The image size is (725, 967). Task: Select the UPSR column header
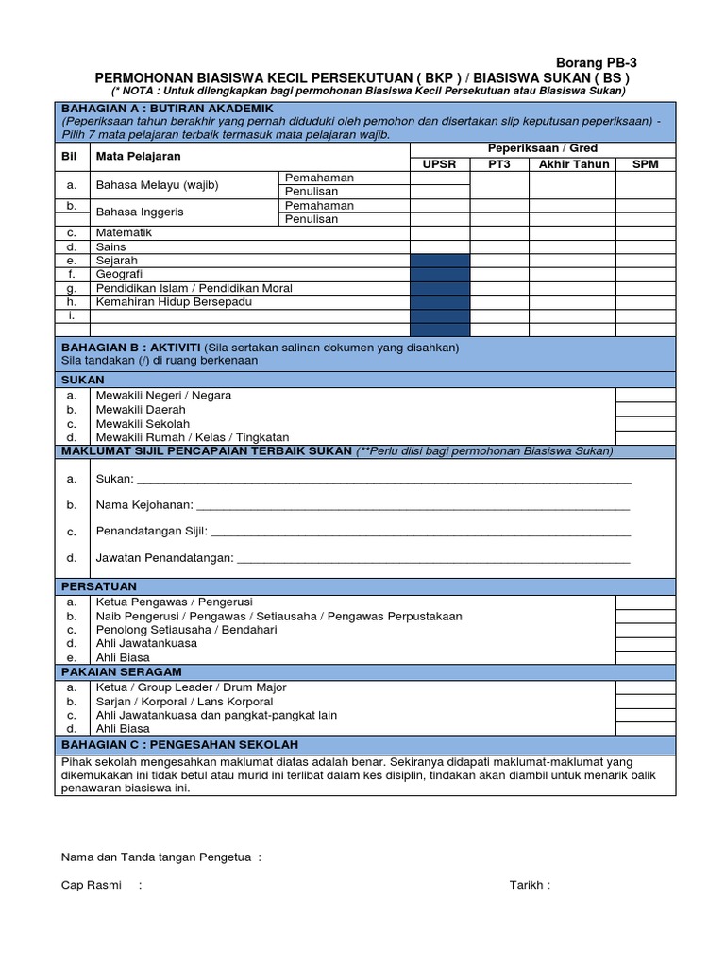(439, 164)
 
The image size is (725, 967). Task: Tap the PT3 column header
(498, 164)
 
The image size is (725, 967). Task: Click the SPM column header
(645, 164)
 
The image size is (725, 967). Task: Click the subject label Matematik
(124, 232)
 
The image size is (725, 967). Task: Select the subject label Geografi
(118, 274)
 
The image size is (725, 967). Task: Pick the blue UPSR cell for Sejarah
(439, 261)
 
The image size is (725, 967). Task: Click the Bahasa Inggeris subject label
(140, 212)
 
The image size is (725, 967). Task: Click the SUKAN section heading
(83, 380)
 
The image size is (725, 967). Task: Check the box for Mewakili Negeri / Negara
(645, 396)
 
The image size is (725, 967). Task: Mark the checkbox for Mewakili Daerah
(645, 410)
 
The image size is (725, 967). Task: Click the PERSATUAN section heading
(99, 586)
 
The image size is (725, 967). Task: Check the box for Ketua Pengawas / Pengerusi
(645, 602)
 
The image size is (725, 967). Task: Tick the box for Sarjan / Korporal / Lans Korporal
(645, 703)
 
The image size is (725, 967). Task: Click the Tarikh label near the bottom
(529, 885)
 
